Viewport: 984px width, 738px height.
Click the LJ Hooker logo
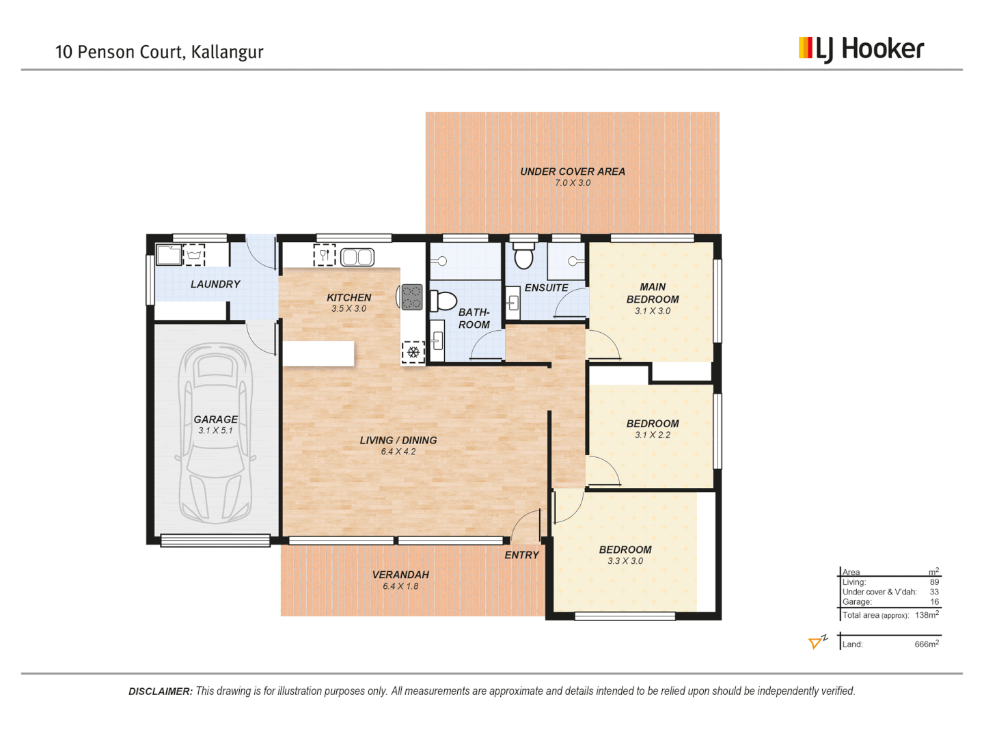coord(861,49)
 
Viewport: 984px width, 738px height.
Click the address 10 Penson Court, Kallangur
coord(159,52)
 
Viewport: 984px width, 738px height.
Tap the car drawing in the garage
coord(216,433)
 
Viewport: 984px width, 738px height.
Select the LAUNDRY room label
coord(215,284)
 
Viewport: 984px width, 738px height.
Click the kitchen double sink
coord(357,257)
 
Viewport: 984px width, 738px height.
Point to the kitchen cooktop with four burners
coord(411,297)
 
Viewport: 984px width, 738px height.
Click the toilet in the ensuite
coord(523,256)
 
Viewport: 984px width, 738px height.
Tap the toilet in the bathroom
coord(443,301)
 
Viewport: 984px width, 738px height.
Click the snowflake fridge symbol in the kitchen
coord(413,352)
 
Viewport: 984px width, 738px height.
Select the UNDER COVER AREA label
coord(573,172)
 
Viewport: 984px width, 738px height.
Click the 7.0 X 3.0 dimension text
coord(573,183)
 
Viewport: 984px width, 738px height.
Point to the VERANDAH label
coord(400,575)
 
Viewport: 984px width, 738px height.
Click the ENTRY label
coord(521,555)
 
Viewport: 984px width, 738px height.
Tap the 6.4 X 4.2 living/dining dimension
coord(398,452)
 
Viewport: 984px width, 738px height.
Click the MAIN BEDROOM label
coord(653,293)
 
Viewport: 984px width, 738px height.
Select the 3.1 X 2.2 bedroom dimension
coord(653,435)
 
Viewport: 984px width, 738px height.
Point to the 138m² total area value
coord(927,615)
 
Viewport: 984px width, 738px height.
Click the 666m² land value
coord(927,644)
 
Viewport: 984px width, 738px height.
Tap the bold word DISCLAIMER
coord(161,692)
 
